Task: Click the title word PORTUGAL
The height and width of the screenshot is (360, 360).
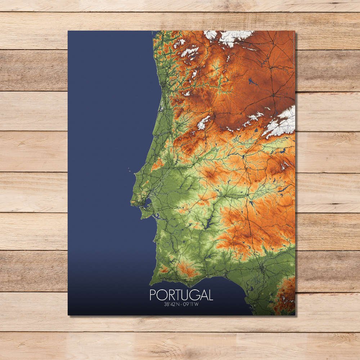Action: click(181, 295)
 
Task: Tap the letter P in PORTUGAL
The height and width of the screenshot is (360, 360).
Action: click(153, 295)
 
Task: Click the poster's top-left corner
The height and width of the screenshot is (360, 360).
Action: click(68, 31)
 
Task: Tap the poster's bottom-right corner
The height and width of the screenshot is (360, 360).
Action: click(295, 315)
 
